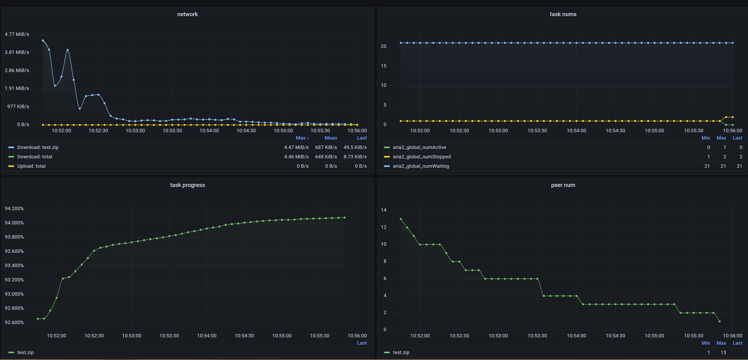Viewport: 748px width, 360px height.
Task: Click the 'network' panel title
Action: coord(187,14)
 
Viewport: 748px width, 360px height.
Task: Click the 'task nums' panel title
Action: coord(563,14)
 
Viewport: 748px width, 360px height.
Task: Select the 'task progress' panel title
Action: coord(187,185)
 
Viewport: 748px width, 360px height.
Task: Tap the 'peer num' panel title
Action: coord(563,185)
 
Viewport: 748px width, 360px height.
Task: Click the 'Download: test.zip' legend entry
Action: coord(38,147)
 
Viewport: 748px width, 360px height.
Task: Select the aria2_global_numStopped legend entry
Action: coord(421,157)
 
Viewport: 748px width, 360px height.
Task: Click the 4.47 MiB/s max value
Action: coord(296,147)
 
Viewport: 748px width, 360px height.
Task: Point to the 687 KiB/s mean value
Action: coord(326,147)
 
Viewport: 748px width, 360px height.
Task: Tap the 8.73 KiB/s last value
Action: coord(355,157)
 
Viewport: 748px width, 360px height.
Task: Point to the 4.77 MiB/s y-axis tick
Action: coord(17,34)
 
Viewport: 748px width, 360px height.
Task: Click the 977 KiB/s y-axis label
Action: coord(18,107)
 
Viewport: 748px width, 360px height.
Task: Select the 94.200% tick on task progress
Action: coord(14,208)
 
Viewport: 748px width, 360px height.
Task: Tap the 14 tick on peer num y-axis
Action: coord(384,210)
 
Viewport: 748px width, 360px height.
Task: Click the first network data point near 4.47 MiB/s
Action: coord(43,41)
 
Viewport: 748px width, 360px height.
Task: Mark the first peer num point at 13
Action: coord(401,219)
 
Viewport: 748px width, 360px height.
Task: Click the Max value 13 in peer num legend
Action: coord(723,352)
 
